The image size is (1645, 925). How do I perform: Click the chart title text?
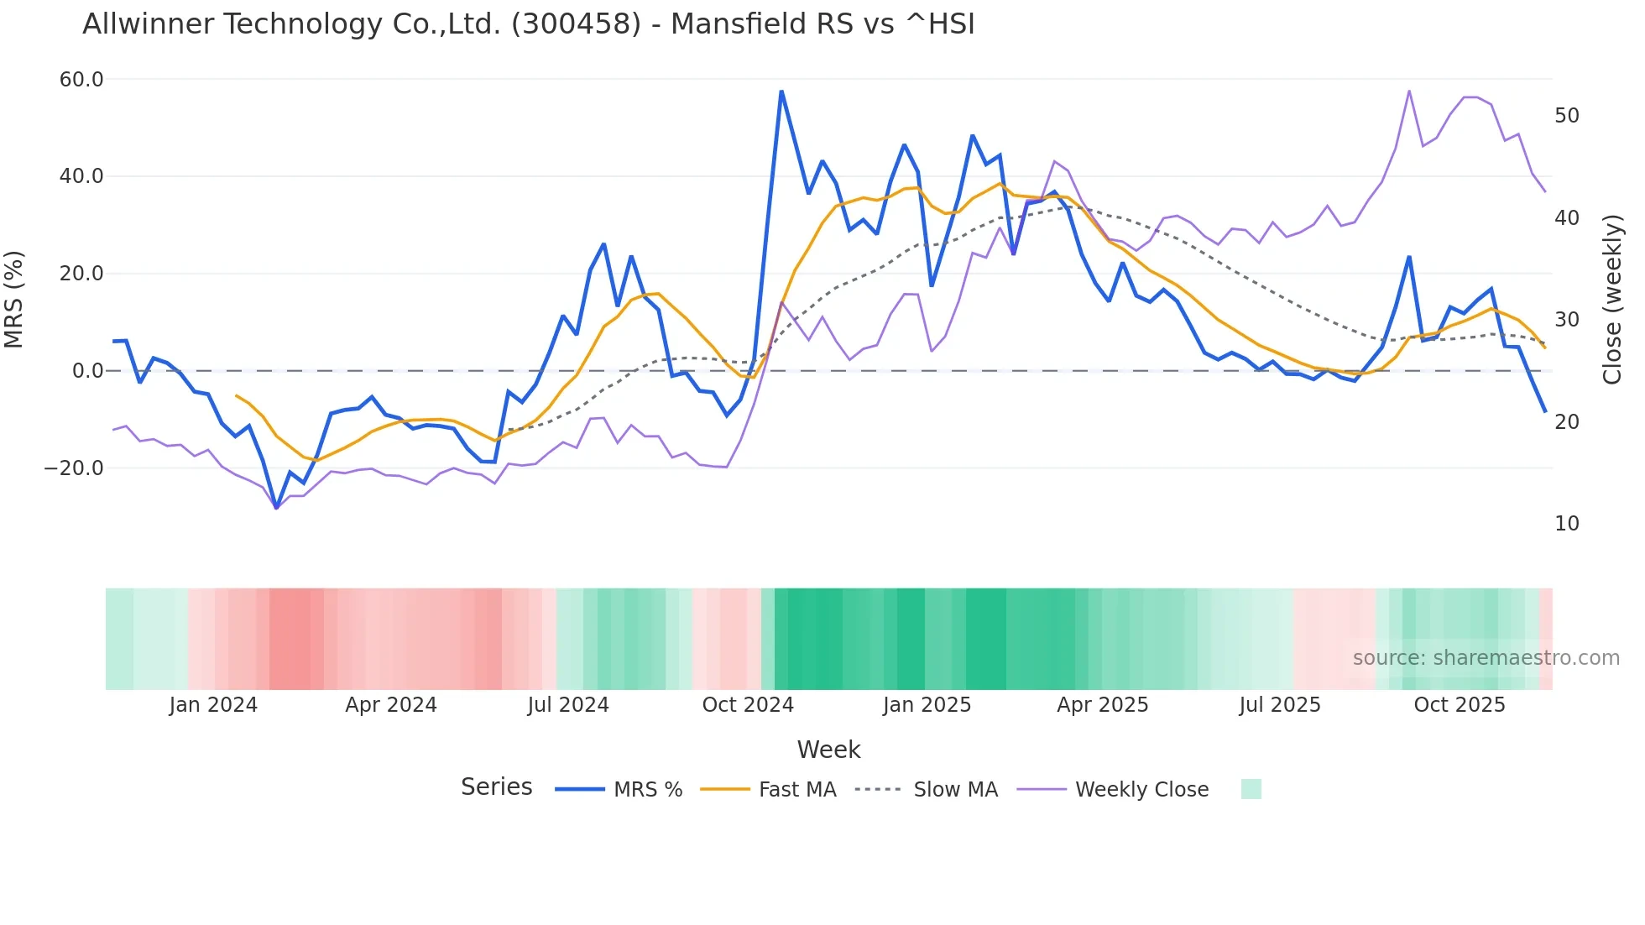(529, 24)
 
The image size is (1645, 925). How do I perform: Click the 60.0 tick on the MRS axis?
(81, 80)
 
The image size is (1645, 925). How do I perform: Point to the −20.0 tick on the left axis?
(74, 468)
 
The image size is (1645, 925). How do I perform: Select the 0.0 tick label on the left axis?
(87, 371)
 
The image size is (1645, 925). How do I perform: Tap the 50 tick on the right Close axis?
(1567, 116)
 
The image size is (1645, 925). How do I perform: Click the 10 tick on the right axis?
(1567, 524)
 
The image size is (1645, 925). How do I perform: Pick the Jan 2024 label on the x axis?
(213, 705)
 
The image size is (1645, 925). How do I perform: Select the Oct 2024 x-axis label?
(748, 705)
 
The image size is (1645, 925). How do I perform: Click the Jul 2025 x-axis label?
(1280, 705)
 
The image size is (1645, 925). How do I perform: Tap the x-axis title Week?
(828, 750)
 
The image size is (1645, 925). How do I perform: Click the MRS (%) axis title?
(14, 299)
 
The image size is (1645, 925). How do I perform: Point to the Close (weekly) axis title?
(1612, 299)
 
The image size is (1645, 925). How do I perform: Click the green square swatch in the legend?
(1251, 789)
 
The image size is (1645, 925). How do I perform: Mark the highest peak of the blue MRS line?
(781, 91)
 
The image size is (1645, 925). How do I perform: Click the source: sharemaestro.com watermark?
(1486, 658)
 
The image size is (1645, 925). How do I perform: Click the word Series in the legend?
(496, 787)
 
